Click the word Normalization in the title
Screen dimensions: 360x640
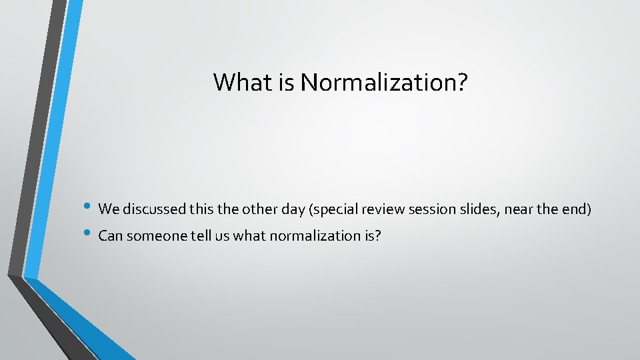384,83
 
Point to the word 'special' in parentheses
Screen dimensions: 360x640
329,209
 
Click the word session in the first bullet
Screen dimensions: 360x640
426,209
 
